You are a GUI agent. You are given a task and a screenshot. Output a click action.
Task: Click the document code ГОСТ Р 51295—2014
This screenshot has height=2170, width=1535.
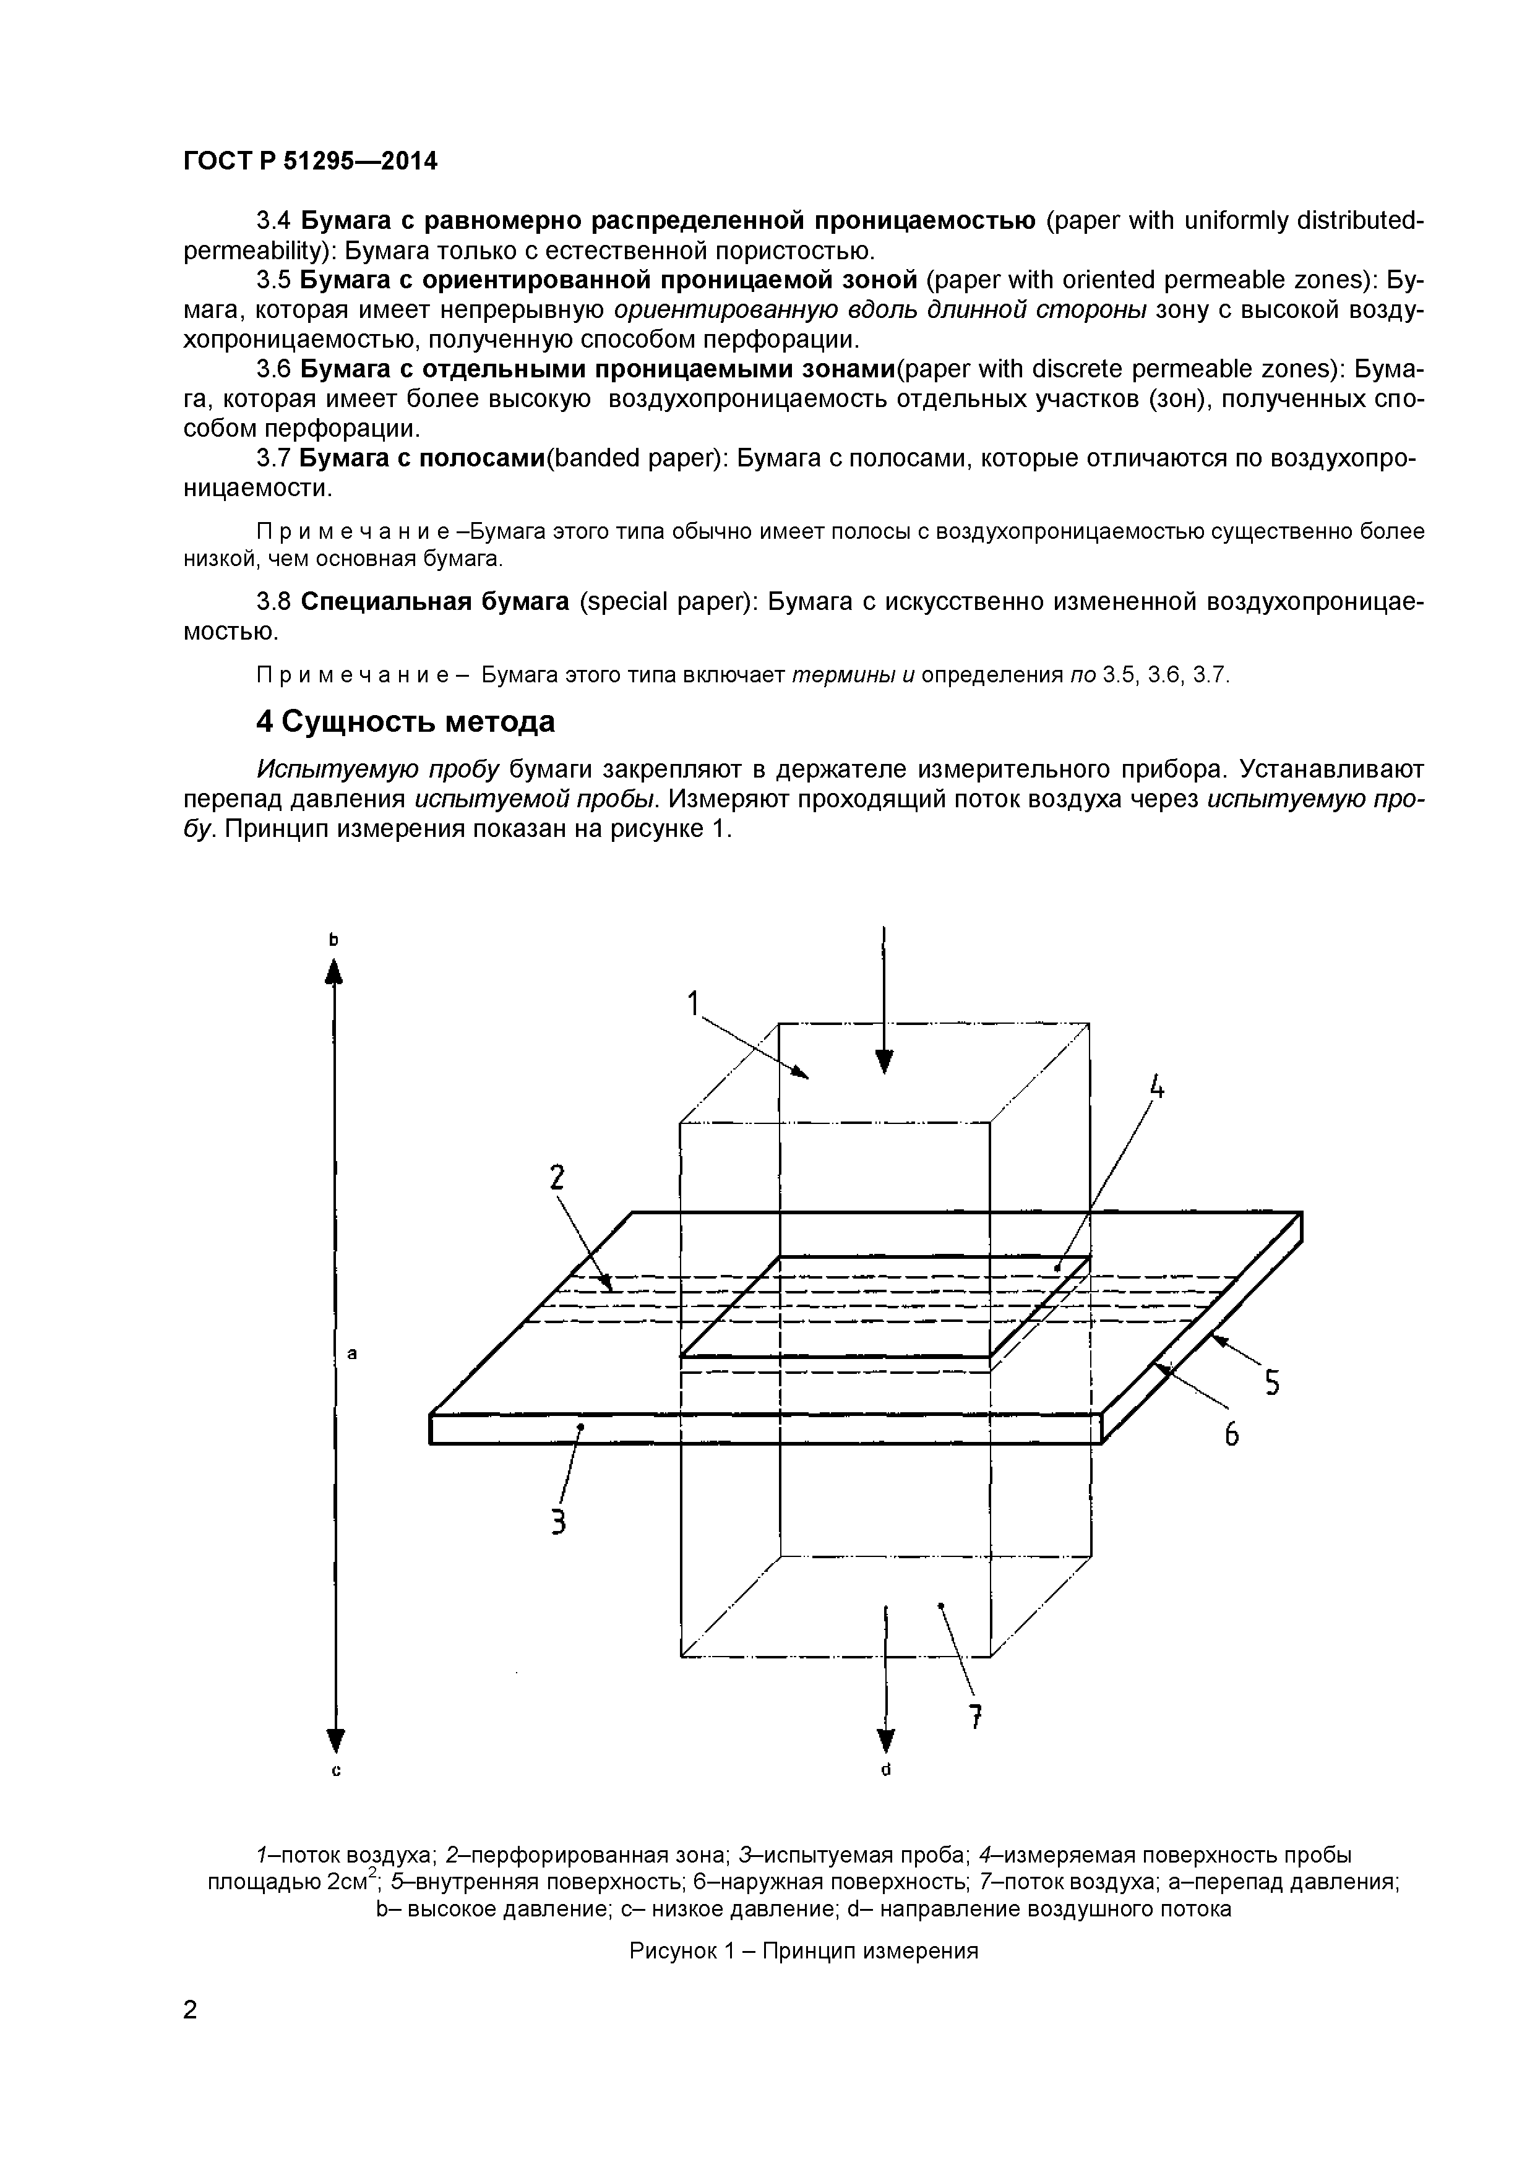[x=310, y=161]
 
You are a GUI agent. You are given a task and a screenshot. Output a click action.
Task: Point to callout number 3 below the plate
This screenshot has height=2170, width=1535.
[x=559, y=1522]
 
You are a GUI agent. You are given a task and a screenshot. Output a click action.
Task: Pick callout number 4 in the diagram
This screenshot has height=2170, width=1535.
[x=1156, y=1088]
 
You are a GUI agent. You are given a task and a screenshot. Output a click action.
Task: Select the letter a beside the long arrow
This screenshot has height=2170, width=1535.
[x=353, y=1354]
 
